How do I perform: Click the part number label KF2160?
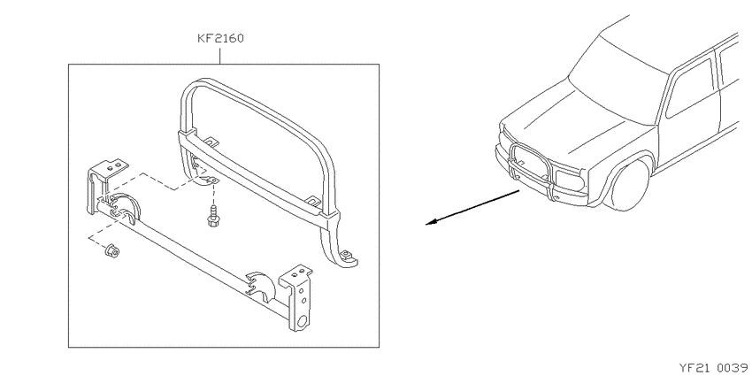(220, 38)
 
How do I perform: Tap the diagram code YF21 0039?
(715, 368)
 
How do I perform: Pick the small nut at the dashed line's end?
(111, 251)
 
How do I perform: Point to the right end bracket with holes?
(298, 297)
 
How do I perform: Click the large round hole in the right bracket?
(303, 321)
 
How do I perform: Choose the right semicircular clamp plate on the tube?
(262, 287)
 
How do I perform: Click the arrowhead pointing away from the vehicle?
(432, 222)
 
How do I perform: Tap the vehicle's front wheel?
(628, 185)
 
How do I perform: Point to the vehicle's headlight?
(570, 180)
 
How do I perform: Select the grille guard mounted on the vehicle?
(532, 169)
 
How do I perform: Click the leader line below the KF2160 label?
(220, 55)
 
